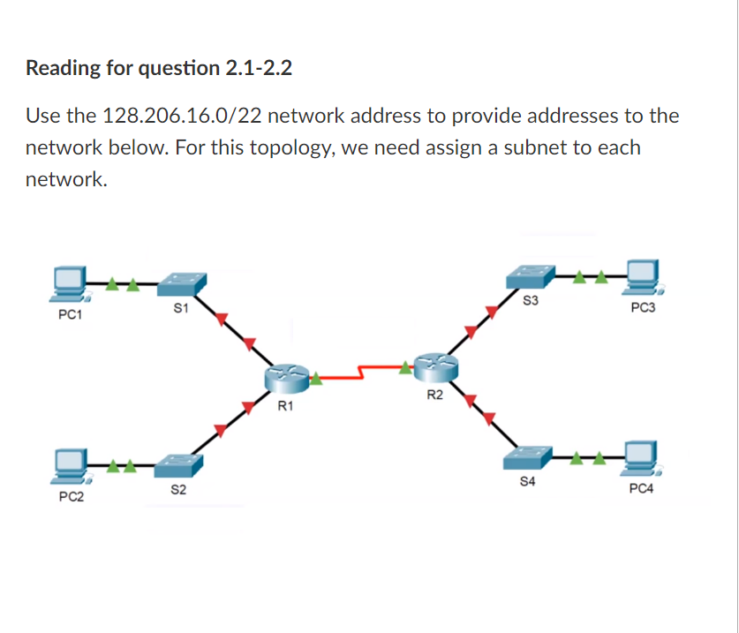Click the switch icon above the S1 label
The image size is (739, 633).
[182, 283]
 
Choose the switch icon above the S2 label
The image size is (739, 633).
[177, 464]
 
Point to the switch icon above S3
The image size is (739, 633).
[531, 276]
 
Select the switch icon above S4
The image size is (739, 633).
[527, 457]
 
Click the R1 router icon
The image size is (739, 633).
[286, 378]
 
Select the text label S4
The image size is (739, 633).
[527, 482]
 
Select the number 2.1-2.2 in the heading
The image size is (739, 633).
[254, 67]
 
